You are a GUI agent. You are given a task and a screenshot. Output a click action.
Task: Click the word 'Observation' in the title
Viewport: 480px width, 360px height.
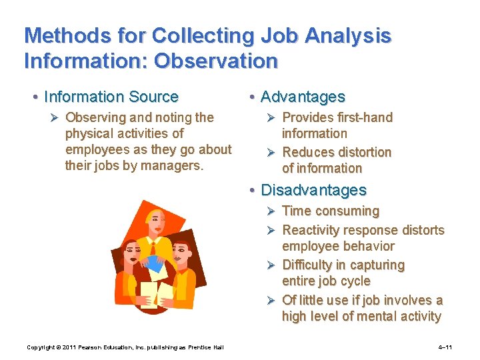coord(216,61)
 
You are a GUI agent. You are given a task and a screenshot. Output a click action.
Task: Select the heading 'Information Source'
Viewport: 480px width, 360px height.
coord(111,97)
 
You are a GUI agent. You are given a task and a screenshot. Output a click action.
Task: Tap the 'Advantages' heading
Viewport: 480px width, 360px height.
coord(303,97)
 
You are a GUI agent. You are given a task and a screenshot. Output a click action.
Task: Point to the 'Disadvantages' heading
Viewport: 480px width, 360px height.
coord(313,190)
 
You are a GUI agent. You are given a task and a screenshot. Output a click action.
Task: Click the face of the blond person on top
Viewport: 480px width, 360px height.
coord(157,223)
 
